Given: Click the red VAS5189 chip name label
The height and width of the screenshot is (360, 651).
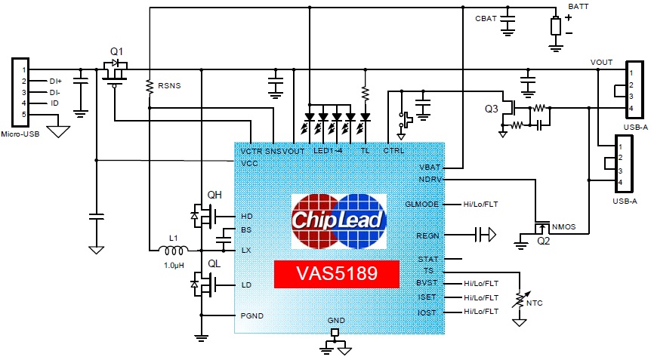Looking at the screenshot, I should coord(336,272).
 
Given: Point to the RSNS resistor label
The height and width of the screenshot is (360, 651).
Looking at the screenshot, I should coord(168,85).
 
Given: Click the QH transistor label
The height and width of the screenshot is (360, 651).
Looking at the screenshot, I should coord(214,194).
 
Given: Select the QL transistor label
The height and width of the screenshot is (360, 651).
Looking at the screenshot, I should coord(214,263).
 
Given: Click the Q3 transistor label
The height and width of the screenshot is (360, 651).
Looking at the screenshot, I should coord(492,109).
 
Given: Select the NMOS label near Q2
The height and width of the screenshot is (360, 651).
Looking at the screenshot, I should coord(563,226).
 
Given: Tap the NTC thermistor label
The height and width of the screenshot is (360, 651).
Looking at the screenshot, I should coord(536,303).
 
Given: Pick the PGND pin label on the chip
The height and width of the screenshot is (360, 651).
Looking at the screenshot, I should coord(252,315).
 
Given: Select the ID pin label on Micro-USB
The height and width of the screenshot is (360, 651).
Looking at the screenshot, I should coord(54,103).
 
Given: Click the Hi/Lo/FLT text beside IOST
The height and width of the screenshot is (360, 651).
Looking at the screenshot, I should coord(481,311).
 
